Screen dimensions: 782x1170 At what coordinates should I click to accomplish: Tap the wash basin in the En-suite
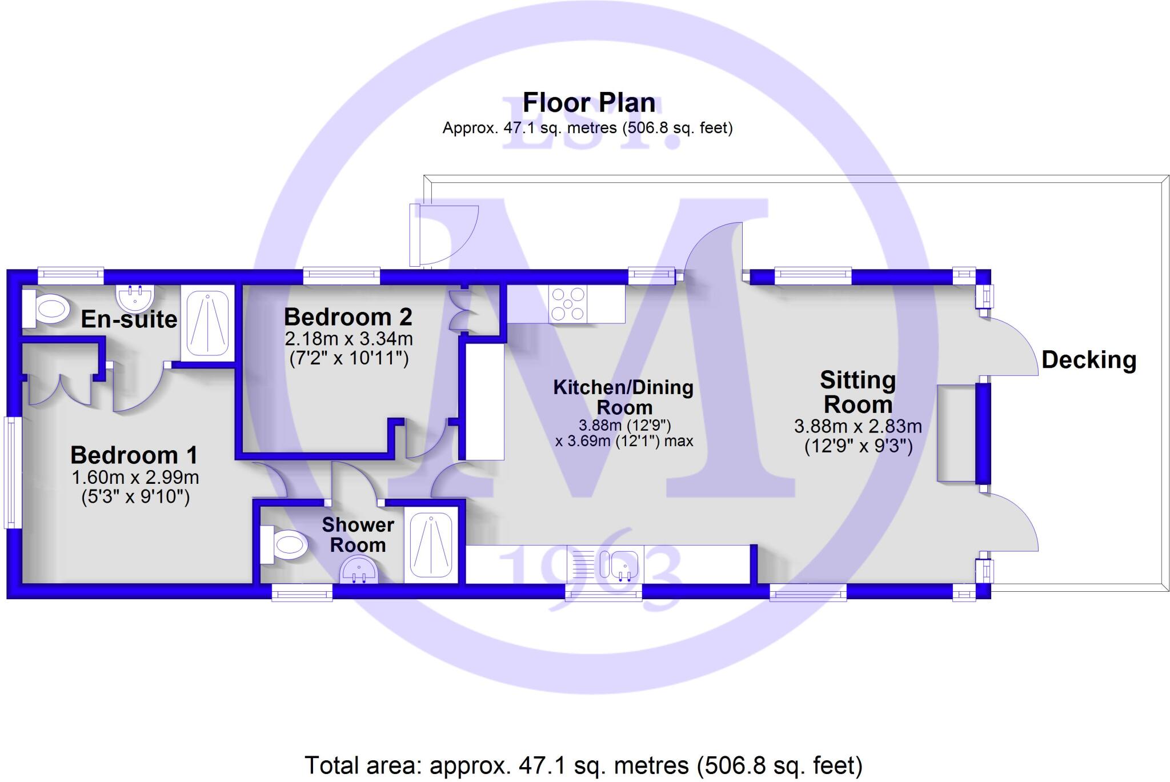(135, 297)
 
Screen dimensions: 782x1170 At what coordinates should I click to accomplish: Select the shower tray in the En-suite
(207, 323)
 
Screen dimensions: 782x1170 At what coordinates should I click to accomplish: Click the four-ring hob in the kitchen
(567, 303)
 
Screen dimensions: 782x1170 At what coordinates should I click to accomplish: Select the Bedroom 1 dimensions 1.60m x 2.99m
(135, 477)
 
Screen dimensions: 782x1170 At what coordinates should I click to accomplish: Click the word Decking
(1088, 360)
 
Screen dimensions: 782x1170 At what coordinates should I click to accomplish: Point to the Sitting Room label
(858, 392)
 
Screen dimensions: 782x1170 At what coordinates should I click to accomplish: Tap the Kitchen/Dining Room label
(623, 397)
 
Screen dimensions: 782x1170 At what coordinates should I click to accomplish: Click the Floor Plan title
(588, 103)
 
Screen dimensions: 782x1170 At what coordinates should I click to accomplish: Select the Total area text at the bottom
(583, 765)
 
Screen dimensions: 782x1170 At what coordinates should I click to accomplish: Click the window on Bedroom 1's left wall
(10, 472)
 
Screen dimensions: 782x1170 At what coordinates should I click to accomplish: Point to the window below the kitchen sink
(603, 595)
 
